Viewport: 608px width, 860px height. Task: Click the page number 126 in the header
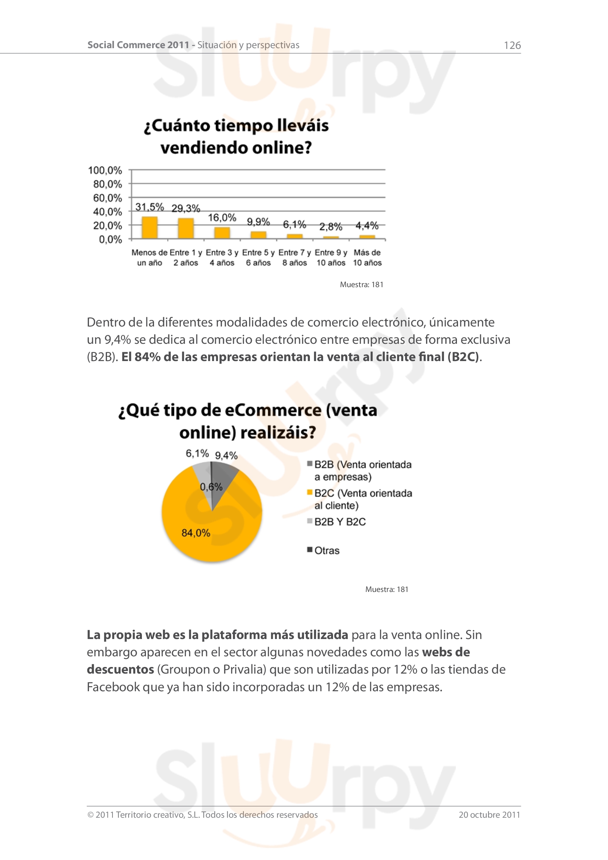tap(512, 45)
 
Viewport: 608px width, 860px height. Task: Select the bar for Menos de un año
tap(149, 227)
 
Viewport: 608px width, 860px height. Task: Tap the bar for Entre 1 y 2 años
tap(186, 228)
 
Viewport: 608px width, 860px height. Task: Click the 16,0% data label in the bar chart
tap(222, 218)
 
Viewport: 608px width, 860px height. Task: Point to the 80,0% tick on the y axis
tap(107, 184)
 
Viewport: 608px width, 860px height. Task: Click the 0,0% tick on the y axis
tap(110, 239)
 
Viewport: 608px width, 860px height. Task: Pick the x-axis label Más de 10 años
tap(367, 258)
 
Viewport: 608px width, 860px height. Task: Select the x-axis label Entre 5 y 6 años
tap(258, 258)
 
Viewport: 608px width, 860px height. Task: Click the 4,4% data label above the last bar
tap(367, 225)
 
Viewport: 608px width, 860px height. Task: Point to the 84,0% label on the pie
tap(196, 533)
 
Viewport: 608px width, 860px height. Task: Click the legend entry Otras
tap(327, 551)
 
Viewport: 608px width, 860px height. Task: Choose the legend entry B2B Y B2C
tap(340, 522)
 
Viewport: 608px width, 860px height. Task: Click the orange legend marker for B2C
tap(310, 492)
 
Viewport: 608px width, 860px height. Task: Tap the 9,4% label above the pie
tap(226, 456)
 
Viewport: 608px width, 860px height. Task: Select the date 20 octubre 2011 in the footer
tap(489, 815)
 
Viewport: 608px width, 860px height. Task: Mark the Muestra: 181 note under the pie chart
tap(387, 589)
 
